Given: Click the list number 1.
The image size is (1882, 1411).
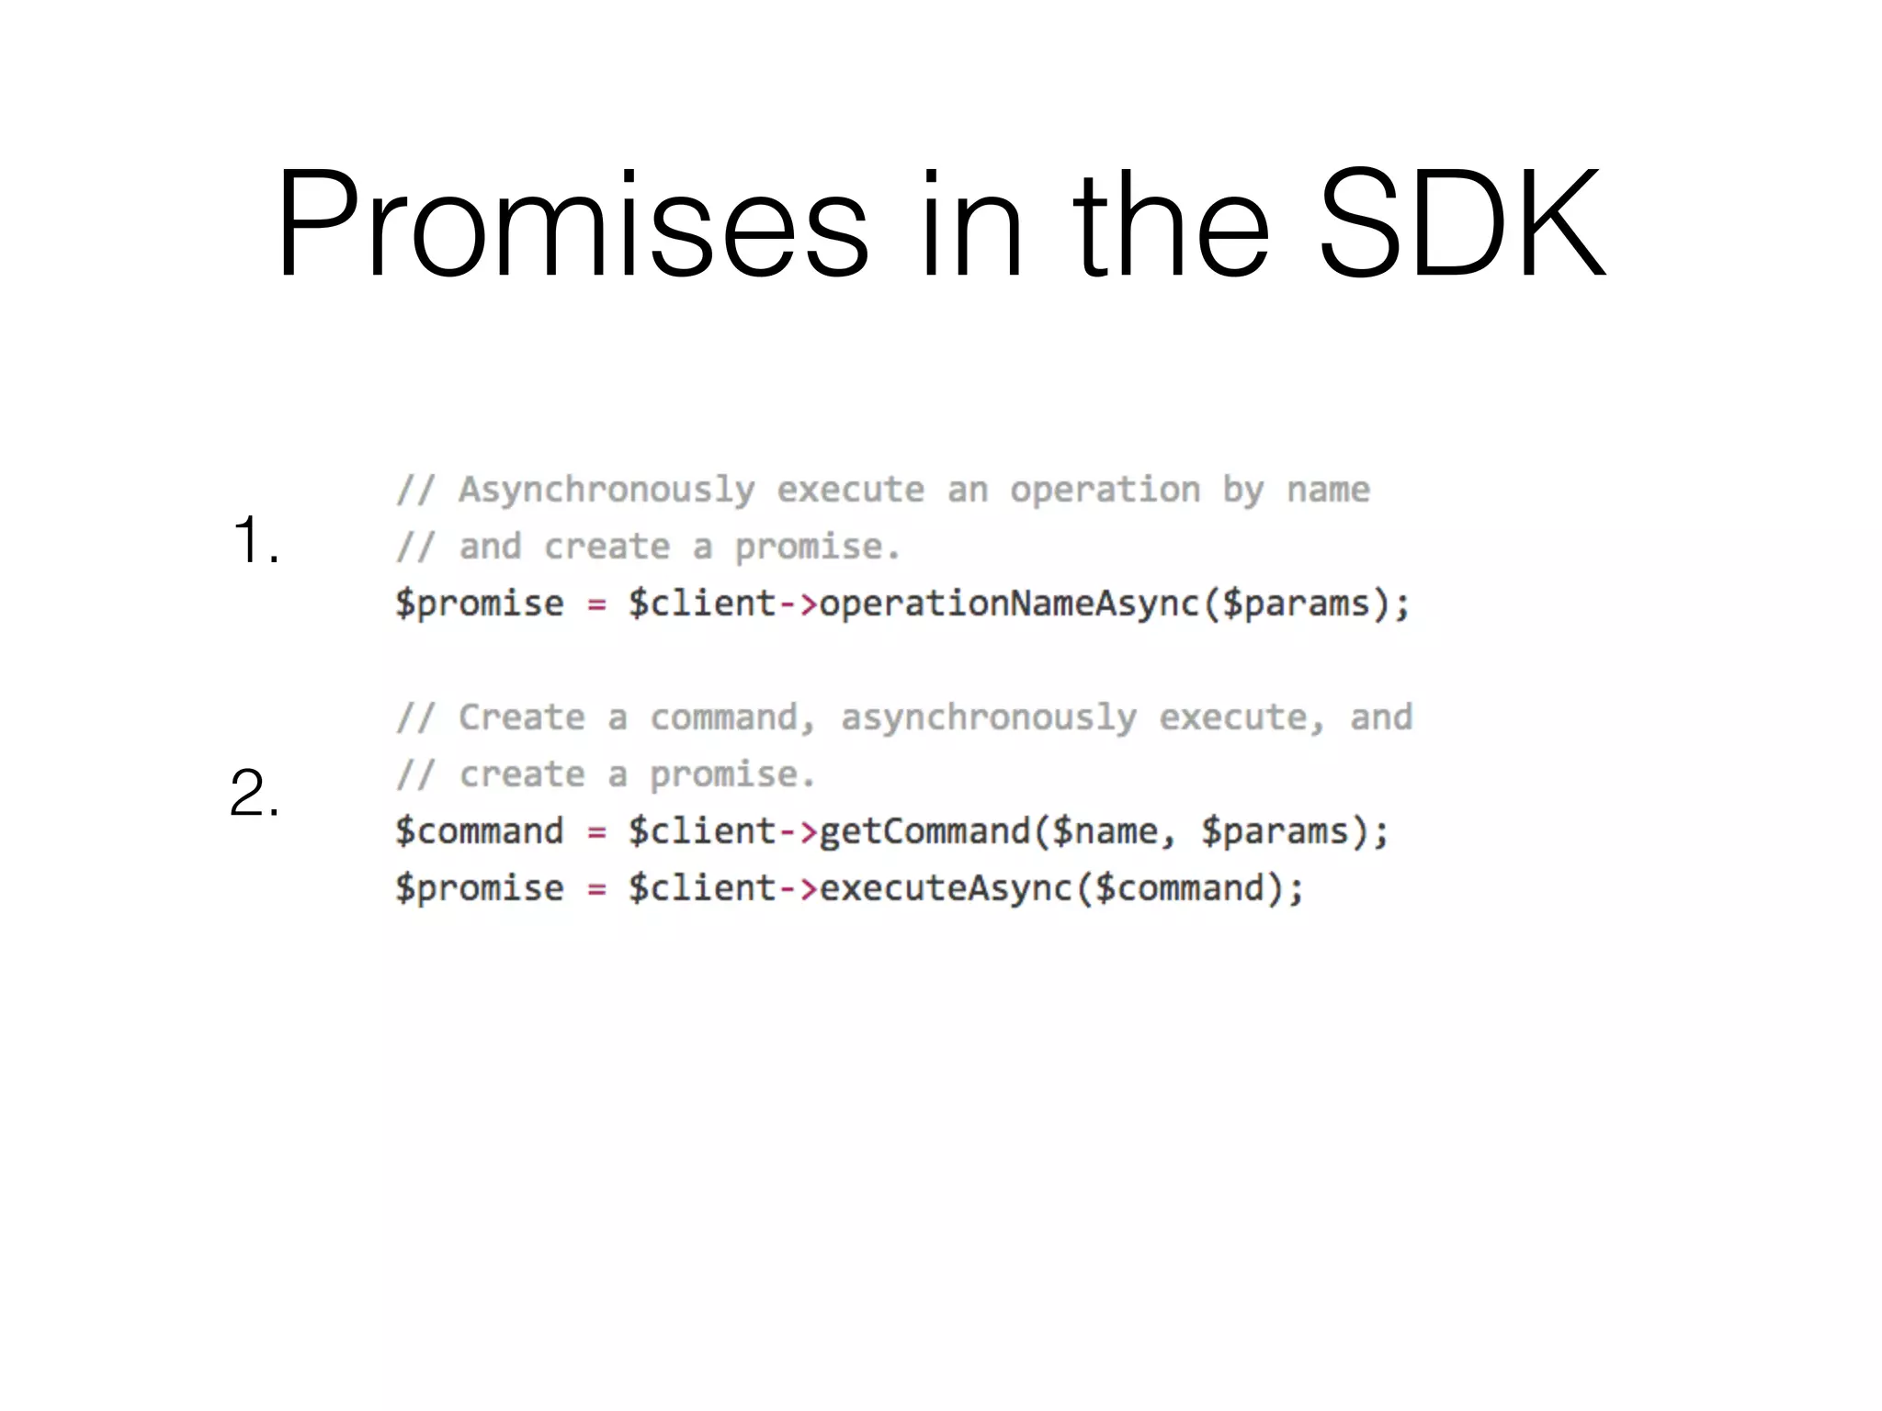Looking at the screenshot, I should click(255, 540).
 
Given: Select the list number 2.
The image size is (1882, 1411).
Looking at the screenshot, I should click(254, 793).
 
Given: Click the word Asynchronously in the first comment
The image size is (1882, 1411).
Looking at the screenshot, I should click(607, 491).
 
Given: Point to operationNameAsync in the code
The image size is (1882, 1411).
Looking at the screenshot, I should click(1009, 604).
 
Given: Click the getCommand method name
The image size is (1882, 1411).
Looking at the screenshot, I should click(924, 831).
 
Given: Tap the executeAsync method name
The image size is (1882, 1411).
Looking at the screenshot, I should click(946, 888).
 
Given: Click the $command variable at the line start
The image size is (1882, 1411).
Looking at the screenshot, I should click(479, 831).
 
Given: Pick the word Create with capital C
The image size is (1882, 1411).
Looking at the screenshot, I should click(521, 717).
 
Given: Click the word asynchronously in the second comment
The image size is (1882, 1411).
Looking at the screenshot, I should click(988, 718).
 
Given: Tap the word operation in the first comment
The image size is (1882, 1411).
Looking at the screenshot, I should click(1105, 491).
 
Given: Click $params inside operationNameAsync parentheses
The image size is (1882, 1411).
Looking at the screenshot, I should click(1296, 604).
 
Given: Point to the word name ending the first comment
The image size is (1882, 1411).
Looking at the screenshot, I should click(1328, 491).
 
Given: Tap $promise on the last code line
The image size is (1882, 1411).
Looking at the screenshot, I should click(479, 888).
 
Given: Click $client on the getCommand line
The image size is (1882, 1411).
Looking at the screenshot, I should click(702, 831).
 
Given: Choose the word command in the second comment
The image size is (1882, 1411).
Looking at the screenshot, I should click(724, 717).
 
